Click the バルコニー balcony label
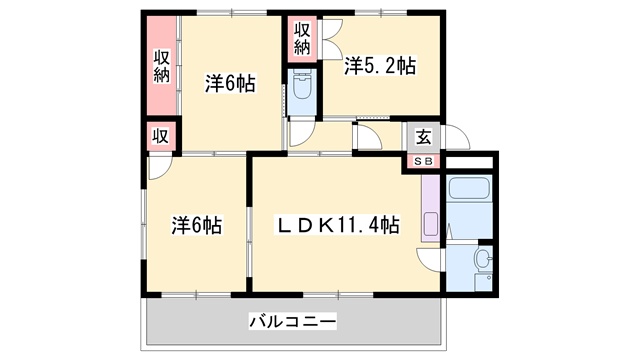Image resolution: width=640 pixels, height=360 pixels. [292, 321]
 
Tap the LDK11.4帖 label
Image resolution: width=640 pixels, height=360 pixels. [338, 225]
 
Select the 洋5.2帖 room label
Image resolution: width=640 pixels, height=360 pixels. [380, 67]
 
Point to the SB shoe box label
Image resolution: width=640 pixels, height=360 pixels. [424, 160]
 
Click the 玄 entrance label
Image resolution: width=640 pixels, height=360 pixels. [424, 138]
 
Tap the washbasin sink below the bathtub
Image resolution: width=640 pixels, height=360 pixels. [481, 263]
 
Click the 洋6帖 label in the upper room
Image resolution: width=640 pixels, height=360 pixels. [230, 83]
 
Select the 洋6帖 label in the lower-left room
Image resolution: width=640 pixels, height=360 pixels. [195, 226]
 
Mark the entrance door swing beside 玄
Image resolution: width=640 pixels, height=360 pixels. [454, 138]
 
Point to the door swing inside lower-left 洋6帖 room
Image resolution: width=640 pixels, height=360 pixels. [159, 168]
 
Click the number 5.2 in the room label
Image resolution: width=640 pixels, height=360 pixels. [384, 67]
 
